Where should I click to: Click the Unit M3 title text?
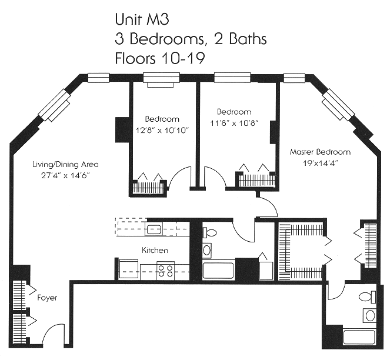click(x=142, y=19)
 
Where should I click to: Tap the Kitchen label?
click(x=155, y=251)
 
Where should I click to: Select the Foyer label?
click(x=47, y=298)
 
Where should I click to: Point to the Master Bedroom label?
click(x=320, y=152)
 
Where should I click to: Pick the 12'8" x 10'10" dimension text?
click(x=162, y=130)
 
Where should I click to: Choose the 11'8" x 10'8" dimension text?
click(x=234, y=123)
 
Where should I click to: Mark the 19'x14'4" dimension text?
click(x=321, y=163)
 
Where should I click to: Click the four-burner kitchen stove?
click(x=166, y=271)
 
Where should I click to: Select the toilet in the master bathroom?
click(x=368, y=297)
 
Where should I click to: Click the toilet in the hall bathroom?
click(x=209, y=232)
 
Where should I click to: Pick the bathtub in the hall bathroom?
click(x=218, y=271)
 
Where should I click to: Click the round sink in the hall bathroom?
click(x=207, y=251)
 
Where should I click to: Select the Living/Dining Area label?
click(x=65, y=165)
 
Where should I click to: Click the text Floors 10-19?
click(x=160, y=58)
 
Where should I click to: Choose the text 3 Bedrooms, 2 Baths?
click(x=191, y=39)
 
